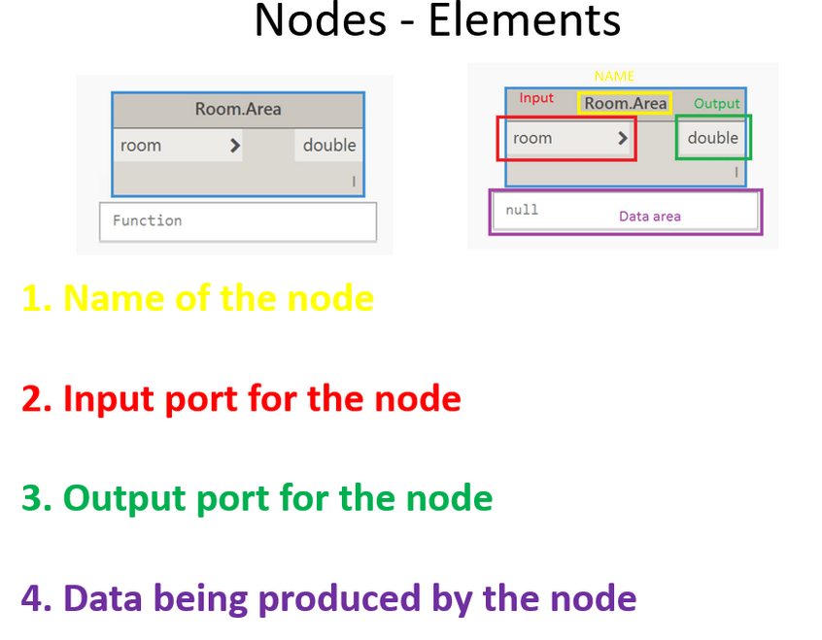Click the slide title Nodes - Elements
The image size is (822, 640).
[x=437, y=21]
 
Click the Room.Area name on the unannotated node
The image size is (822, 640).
[x=238, y=109]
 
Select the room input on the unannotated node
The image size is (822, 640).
[x=142, y=146]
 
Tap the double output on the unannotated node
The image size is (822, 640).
[x=329, y=146]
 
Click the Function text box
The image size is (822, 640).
[x=238, y=221]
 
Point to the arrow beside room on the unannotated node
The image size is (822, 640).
[x=235, y=146]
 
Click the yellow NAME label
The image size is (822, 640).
[x=614, y=76]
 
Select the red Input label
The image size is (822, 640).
[x=536, y=98]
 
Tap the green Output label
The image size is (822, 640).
[x=717, y=104]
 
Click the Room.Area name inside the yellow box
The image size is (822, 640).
[x=626, y=103]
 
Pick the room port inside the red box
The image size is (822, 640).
[x=533, y=138]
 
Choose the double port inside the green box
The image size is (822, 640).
[x=713, y=138]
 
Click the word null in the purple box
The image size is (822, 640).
[x=522, y=210]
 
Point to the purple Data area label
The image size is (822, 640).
[x=650, y=217]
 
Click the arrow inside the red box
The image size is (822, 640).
[x=623, y=138]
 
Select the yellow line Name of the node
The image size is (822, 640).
[x=197, y=297]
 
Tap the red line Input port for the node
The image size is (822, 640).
[x=241, y=398]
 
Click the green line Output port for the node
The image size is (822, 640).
[x=257, y=498]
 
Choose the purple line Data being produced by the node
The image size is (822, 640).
[x=328, y=598]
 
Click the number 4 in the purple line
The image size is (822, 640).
[x=32, y=598]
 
